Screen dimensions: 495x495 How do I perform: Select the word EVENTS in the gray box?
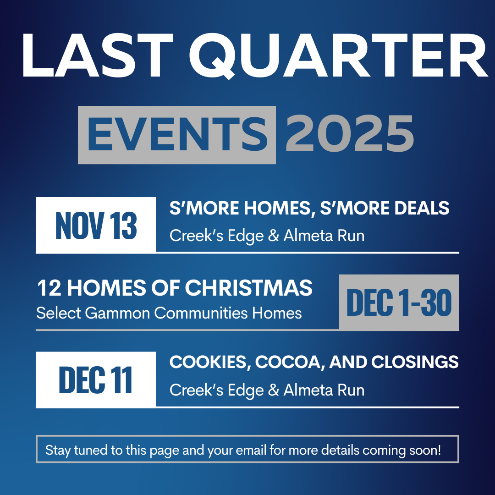[177, 134]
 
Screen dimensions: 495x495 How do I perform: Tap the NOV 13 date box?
[96, 225]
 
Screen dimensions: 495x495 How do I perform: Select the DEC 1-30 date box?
[399, 302]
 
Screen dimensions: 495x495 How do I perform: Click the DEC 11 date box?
[96, 379]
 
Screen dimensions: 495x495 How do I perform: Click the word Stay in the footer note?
[58, 451]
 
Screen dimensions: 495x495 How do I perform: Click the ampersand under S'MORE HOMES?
[273, 236]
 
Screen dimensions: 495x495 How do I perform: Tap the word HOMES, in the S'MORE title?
[280, 209]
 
